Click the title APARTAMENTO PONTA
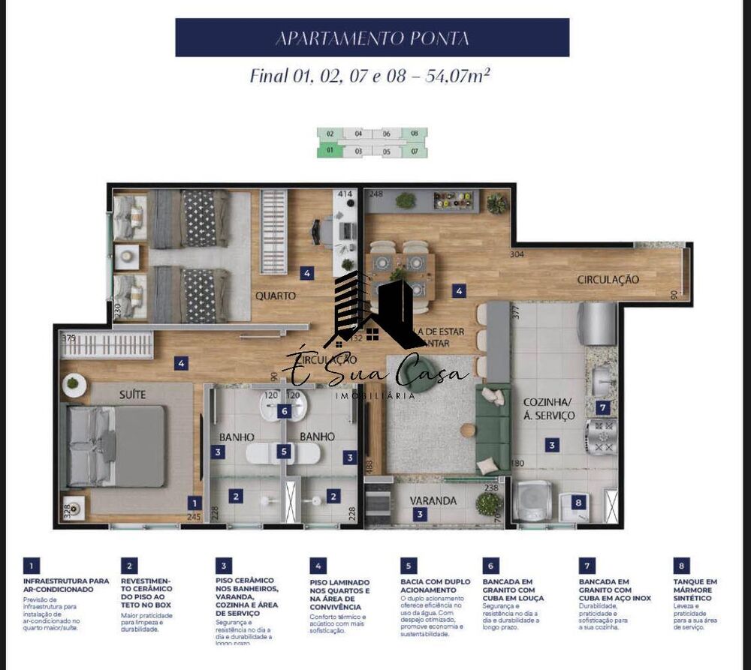coord(372,38)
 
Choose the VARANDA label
coord(433,500)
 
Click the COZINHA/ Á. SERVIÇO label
coord(549,408)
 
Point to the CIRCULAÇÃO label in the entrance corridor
coord(608,279)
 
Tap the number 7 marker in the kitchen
coord(602,408)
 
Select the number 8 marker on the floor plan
coord(578,503)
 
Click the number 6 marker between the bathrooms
coord(283,410)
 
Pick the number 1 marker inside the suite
coord(195,503)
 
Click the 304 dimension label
coord(515,254)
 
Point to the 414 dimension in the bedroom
coord(345,194)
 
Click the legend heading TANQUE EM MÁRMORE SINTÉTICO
coord(695,589)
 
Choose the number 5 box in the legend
coord(409,566)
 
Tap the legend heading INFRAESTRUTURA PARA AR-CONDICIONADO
coord(65,584)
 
